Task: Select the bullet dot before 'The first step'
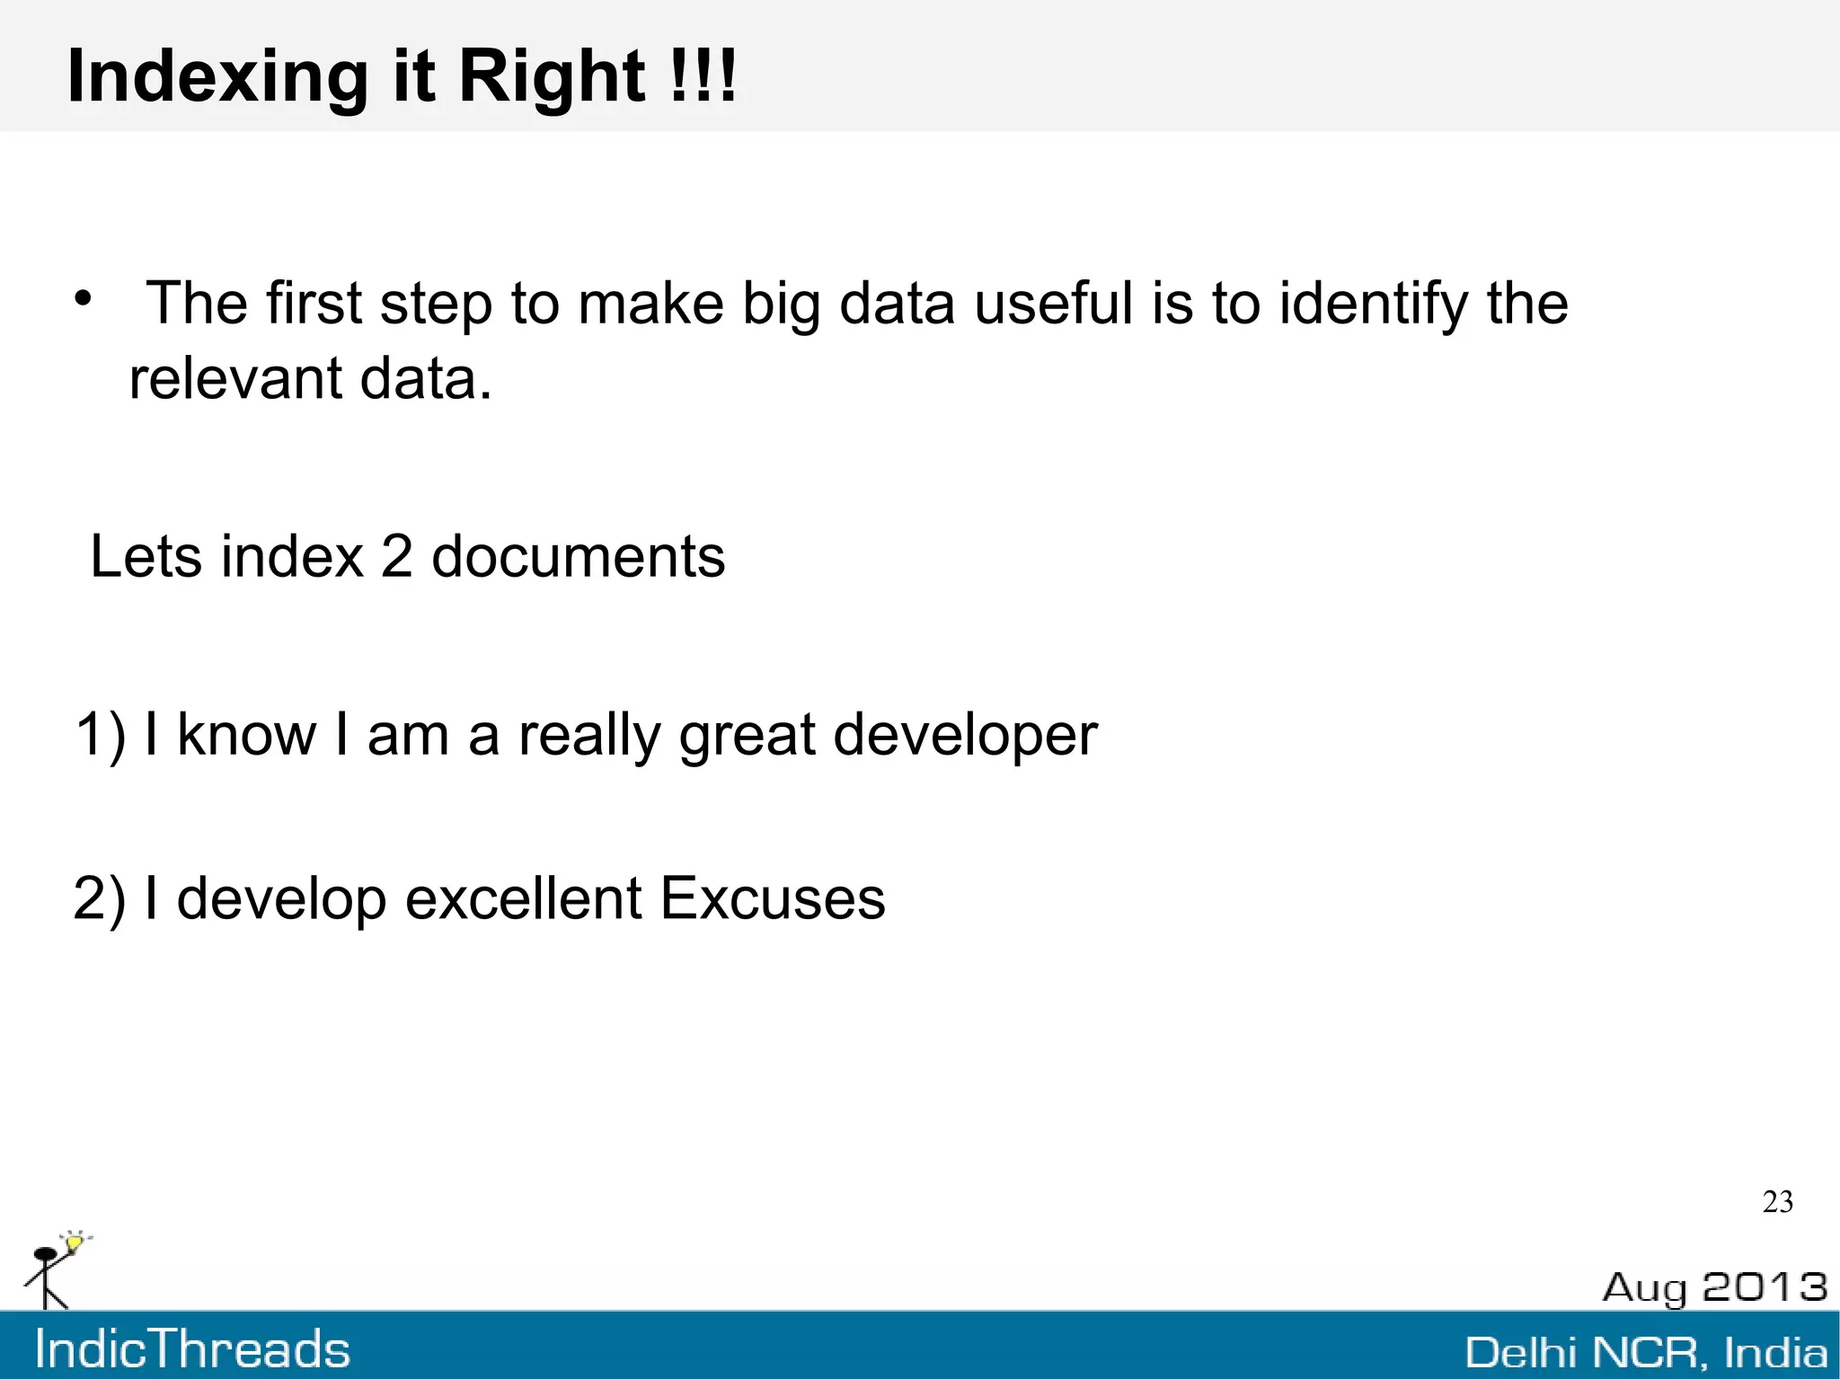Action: pos(84,298)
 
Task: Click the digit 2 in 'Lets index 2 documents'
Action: pos(396,556)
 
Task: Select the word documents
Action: pos(578,556)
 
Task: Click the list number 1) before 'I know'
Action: pos(100,735)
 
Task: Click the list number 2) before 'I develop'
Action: pos(100,898)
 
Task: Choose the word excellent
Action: pos(523,897)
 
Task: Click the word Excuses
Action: pos(773,897)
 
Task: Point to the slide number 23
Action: pos(1777,1202)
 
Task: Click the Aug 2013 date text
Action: pos(1714,1287)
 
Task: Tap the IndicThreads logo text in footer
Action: pos(192,1349)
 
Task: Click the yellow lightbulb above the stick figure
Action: pos(75,1243)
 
